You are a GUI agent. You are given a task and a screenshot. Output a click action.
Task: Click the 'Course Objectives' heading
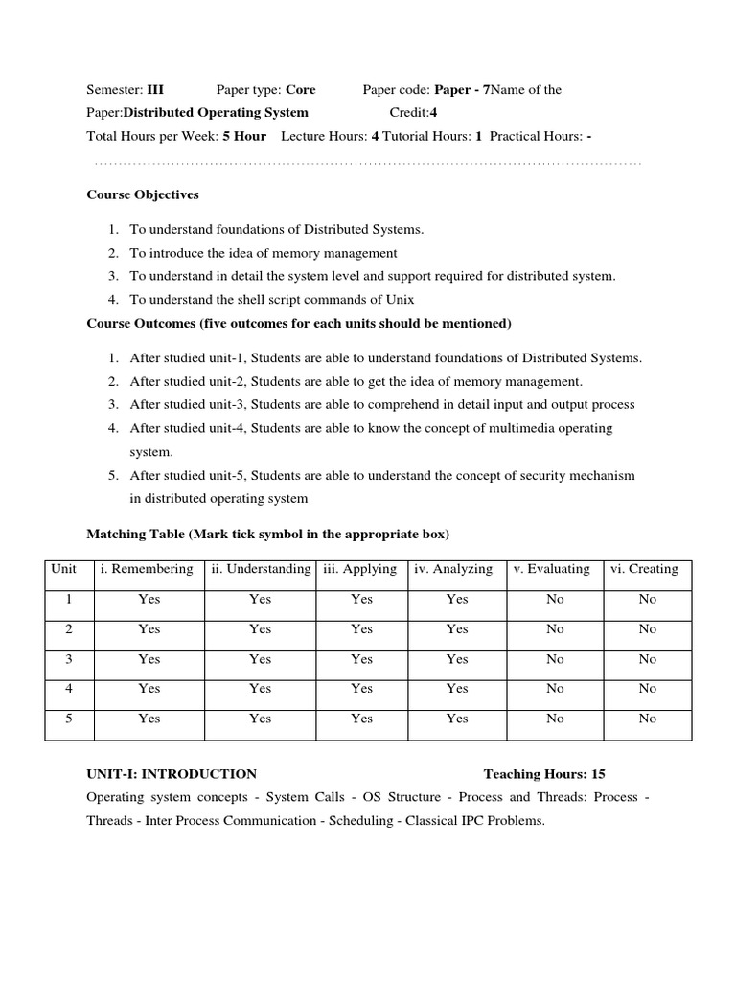point(143,194)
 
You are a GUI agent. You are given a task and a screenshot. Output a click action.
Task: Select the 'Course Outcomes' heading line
point(299,323)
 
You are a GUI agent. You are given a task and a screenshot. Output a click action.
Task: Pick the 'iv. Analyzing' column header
point(453,569)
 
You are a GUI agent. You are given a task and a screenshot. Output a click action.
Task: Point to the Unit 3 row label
point(68,659)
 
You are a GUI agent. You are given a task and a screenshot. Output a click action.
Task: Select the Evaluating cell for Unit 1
point(555,599)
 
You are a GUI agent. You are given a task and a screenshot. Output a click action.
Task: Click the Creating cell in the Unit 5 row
point(648,719)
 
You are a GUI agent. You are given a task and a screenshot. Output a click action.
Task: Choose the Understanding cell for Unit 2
point(260,629)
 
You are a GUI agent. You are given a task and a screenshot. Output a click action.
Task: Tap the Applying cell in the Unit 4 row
point(361,689)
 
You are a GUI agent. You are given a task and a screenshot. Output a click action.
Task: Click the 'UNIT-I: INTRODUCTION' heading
point(172,774)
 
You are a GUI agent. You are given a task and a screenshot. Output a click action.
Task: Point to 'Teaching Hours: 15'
point(544,774)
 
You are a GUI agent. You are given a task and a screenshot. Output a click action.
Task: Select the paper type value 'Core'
point(300,90)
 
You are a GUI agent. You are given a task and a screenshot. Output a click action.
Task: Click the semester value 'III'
point(155,90)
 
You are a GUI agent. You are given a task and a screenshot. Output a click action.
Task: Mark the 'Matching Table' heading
point(268,534)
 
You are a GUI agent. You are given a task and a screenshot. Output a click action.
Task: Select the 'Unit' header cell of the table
point(64,569)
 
